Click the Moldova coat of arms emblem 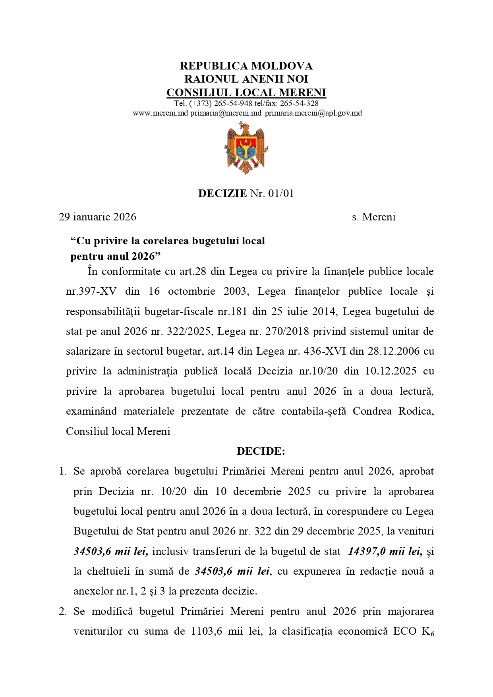246,148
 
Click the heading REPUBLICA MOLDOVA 246,66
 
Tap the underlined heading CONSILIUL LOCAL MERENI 246,93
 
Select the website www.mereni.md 160,113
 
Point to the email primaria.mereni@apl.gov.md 313,113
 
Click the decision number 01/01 281,193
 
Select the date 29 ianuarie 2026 97,217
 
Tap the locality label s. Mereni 373,217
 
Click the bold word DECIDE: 261,451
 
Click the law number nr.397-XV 91,292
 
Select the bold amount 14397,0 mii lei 385,551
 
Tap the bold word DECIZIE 222,193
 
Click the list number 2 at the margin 63,611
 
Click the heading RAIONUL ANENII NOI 246,79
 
